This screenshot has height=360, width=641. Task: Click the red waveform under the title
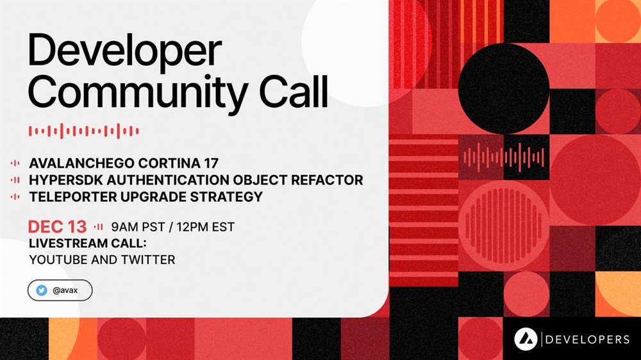point(84,131)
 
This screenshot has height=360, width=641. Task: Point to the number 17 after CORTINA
point(211,163)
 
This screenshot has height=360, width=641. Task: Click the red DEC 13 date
point(57,227)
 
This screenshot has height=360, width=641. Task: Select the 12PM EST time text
point(206,227)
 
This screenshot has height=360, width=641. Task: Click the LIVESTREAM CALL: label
point(87,243)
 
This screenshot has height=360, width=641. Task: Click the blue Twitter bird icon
point(41,290)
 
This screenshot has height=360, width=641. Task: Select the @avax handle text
point(65,291)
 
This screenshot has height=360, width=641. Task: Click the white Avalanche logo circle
point(526,339)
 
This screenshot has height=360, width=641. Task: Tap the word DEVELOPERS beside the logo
point(587,339)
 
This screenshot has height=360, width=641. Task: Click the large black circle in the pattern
point(503,88)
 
